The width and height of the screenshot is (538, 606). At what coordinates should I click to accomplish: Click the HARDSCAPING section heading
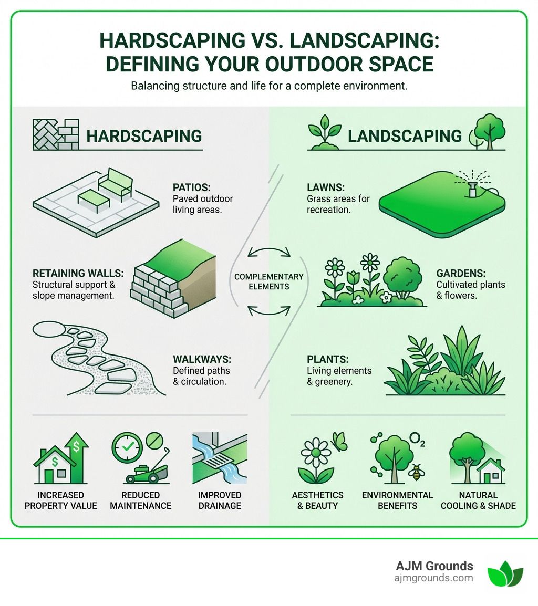point(144,135)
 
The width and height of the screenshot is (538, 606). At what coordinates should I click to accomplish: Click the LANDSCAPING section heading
point(405,135)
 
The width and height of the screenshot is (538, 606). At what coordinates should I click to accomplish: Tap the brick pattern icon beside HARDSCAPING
point(56,134)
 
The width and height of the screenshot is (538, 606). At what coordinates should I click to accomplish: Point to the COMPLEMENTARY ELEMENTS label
point(269,281)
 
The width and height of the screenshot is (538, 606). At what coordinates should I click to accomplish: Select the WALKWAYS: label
point(202,360)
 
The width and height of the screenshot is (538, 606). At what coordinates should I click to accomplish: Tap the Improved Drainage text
point(220,500)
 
